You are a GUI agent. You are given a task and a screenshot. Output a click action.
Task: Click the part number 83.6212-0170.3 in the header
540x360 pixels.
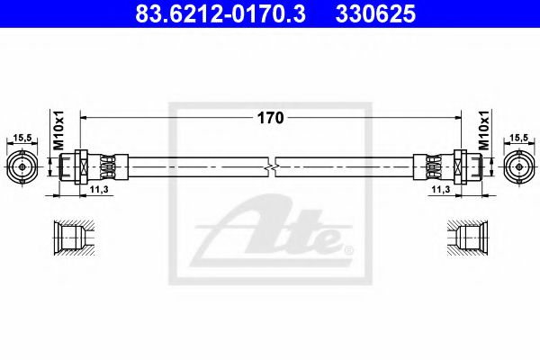[220, 13]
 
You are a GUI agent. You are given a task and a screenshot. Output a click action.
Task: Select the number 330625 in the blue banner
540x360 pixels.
[375, 13]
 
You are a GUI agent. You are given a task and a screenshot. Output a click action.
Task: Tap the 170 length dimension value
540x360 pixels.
[270, 118]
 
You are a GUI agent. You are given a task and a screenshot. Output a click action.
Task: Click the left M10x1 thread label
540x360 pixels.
[58, 130]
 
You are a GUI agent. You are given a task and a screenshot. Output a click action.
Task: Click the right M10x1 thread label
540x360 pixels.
[484, 130]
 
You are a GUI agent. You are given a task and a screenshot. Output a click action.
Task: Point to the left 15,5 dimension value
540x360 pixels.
[22, 138]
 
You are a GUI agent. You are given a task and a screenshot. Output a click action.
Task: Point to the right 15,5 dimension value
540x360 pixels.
[518, 138]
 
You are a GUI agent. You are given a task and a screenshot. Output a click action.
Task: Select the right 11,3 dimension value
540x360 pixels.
[441, 189]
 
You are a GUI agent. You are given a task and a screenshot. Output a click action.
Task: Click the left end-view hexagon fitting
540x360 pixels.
[22, 167]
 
